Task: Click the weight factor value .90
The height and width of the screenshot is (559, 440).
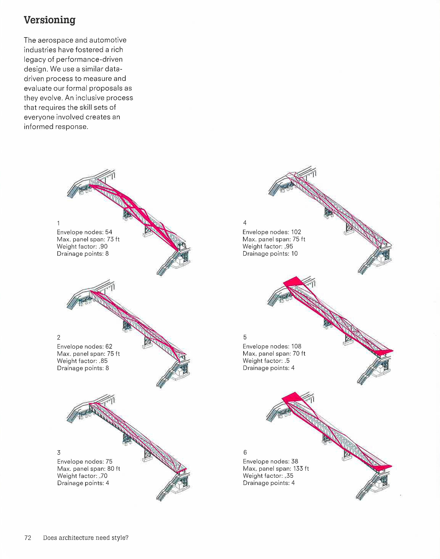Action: click(103, 246)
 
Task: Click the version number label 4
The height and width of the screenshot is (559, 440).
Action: click(245, 222)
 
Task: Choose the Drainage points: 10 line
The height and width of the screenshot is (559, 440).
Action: click(270, 254)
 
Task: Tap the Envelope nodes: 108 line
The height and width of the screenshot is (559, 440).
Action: click(272, 346)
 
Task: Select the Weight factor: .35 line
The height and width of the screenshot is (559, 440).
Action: click(268, 476)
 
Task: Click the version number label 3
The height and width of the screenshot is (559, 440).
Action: click(59, 453)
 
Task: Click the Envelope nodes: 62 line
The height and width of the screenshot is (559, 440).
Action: click(84, 346)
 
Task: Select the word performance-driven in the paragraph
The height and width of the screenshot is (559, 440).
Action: click(89, 60)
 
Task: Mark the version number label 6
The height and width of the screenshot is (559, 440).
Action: click(245, 452)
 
